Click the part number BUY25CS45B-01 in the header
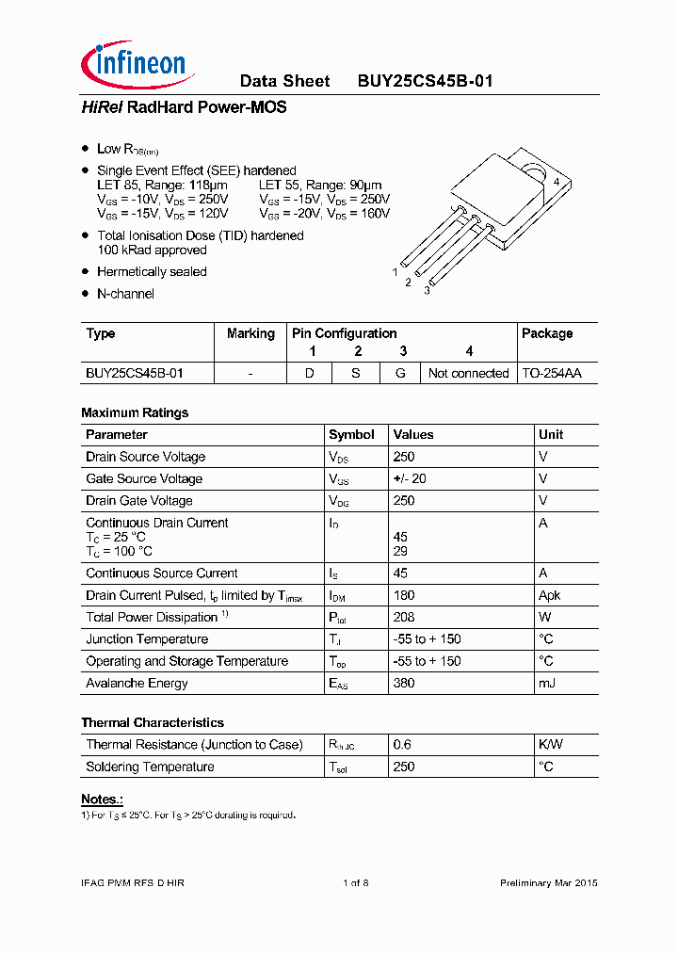coord(425,81)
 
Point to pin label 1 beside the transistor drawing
coord(395,271)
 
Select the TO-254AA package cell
coord(552,374)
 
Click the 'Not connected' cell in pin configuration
coord(468,374)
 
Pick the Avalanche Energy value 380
coord(404,684)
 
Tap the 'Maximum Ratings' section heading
coord(135,412)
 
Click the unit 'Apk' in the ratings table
coord(549,595)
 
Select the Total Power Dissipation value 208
coord(404,618)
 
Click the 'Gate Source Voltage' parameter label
coord(144,479)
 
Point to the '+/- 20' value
coord(410,479)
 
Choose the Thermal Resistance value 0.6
coord(402,745)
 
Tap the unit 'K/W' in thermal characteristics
coord(550,745)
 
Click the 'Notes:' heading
coord(102,800)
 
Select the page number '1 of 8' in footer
coord(355,883)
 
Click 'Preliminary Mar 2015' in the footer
coord(548,883)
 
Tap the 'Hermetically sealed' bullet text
coord(152,272)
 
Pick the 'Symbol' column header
coord(351,435)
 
